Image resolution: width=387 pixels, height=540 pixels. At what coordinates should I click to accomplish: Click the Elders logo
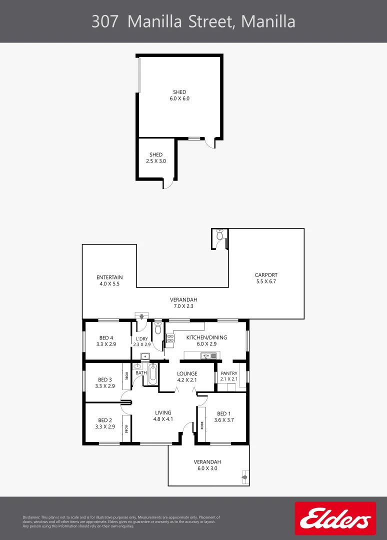[335, 518]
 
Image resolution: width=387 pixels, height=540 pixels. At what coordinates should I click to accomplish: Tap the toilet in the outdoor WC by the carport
[220, 234]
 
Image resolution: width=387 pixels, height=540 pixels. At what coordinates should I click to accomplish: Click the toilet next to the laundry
[158, 328]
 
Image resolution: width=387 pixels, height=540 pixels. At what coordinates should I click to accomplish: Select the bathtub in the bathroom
[152, 374]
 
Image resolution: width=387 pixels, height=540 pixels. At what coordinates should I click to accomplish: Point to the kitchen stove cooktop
[170, 340]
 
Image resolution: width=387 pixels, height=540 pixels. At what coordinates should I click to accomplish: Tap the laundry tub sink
[144, 356]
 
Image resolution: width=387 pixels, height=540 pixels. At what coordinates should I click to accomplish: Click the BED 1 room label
[224, 413]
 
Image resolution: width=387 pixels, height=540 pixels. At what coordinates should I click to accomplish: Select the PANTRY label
[229, 373]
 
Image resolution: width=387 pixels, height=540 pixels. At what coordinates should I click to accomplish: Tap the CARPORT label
[266, 275]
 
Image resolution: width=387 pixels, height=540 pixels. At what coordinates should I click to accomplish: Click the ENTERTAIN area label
[109, 277]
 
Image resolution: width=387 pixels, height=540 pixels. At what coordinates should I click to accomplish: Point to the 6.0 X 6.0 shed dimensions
[179, 98]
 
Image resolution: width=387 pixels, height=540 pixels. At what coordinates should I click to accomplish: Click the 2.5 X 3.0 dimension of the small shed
[156, 161]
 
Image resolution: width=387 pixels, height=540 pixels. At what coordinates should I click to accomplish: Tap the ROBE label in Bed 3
[127, 376]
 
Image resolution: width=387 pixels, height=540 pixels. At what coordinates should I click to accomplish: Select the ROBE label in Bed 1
[202, 425]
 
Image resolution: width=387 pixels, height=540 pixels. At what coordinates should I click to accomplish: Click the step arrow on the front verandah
[244, 478]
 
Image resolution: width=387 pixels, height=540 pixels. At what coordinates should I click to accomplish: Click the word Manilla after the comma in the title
[268, 21]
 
